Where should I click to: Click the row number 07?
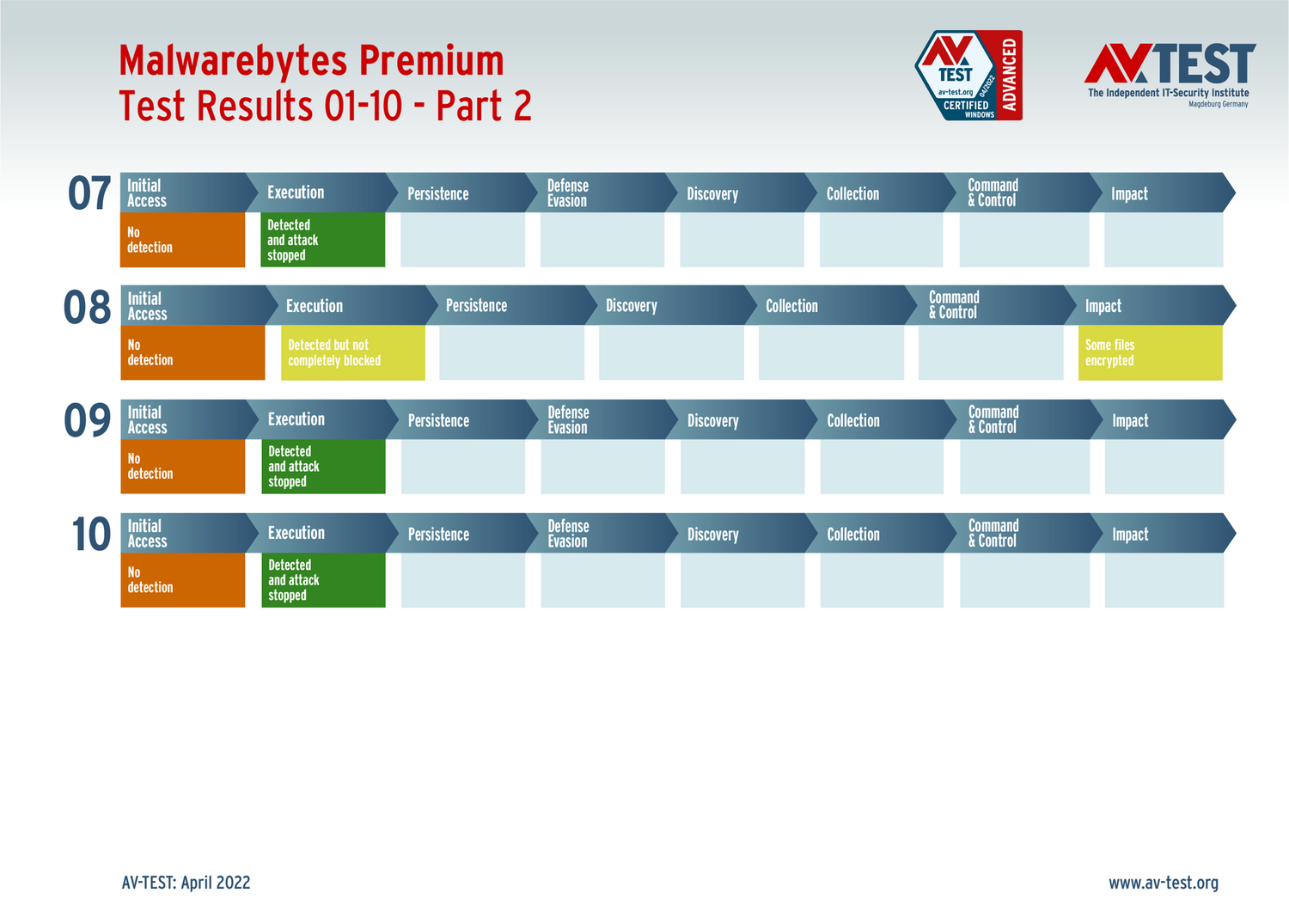click(x=89, y=193)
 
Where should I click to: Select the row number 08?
click(x=87, y=307)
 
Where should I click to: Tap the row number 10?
click(x=91, y=534)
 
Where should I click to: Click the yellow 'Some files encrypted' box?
click(x=1151, y=352)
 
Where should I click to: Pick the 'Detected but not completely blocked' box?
click(x=352, y=352)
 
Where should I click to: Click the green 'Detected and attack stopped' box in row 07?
click(x=323, y=240)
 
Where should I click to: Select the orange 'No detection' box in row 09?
click(x=182, y=466)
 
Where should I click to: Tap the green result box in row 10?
click(x=323, y=580)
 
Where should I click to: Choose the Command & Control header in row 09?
click(x=1024, y=419)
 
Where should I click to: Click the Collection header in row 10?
click(x=881, y=534)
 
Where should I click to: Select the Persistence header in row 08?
click(x=511, y=305)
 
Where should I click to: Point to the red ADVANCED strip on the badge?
click(x=1009, y=76)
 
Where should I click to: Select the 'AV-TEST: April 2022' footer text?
click(x=186, y=883)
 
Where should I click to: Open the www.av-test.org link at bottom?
click(x=1164, y=883)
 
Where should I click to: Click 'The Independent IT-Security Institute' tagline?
click(x=1168, y=93)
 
